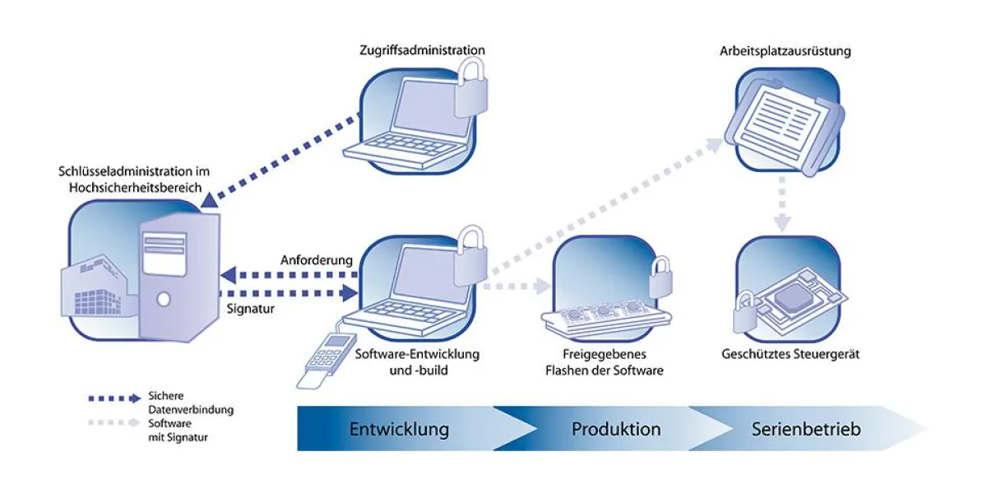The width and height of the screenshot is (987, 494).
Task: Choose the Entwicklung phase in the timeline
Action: [x=399, y=429]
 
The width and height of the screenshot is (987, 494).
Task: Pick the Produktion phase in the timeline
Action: [x=616, y=429]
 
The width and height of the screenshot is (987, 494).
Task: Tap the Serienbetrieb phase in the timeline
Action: [x=806, y=429]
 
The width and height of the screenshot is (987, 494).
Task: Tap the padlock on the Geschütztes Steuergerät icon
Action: [x=747, y=313]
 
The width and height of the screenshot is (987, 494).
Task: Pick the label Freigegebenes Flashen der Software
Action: [x=604, y=363]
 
